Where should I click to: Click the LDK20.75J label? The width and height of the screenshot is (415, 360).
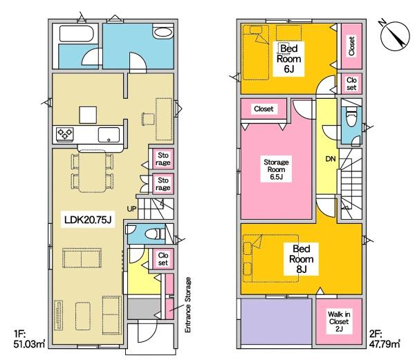tap(88, 219)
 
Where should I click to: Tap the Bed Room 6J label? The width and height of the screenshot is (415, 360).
tap(288, 59)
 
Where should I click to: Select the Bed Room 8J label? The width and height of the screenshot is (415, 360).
tap(301, 259)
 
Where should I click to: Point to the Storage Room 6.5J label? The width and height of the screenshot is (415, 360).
tap(276, 169)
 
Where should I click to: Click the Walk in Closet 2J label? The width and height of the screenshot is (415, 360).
tap(339, 322)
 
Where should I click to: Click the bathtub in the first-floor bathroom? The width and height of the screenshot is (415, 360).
tap(77, 33)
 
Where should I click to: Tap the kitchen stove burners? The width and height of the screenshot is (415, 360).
tap(65, 133)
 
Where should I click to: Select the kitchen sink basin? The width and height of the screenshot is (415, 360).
tap(109, 135)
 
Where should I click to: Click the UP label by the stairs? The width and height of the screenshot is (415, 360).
tap(131, 209)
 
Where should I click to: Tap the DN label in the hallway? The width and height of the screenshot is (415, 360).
tap(331, 159)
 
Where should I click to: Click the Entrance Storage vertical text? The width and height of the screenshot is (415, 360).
tap(188, 305)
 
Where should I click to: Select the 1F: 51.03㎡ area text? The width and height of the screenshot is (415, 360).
tap(29, 339)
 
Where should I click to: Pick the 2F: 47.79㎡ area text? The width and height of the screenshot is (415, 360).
tap(385, 339)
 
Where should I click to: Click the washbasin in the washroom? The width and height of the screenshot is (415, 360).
tap(163, 32)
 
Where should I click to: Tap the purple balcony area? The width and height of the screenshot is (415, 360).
tap(276, 321)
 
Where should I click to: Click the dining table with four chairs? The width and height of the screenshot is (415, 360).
tap(93, 171)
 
